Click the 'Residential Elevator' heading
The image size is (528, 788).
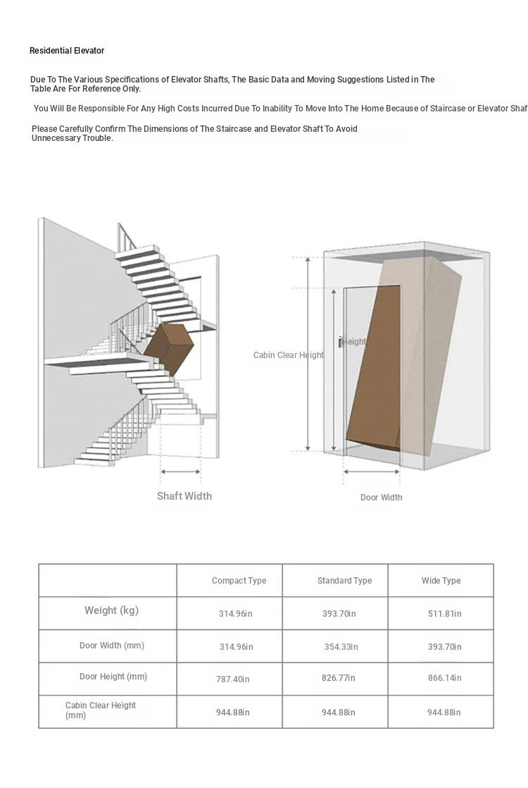coord(67,51)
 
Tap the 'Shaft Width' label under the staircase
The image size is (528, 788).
coord(184,496)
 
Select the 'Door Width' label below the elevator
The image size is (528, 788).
coord(382,498)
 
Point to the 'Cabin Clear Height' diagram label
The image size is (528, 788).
coord(288,355)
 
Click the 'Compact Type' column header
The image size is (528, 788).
coord(239,581)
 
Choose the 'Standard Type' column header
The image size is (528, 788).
coord(344,581)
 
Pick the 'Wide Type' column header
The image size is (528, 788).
coord(441,581)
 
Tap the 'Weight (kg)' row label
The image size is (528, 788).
coord(111,610)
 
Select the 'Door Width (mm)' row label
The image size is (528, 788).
coord(112,646)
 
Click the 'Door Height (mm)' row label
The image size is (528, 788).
coord(113,677)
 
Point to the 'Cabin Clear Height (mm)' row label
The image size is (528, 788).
coord(100,710)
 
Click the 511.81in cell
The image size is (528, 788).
coord(445,614)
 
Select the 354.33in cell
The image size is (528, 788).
coord(341,647)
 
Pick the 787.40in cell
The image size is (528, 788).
coord(233,679)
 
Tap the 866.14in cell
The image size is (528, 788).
coord(445,678)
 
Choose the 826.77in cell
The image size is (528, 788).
coord(339,678)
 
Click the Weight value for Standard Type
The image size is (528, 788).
coord(339,614)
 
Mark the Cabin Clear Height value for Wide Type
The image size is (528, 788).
coord(444,713)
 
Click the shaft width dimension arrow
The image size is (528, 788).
coord(181,472)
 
